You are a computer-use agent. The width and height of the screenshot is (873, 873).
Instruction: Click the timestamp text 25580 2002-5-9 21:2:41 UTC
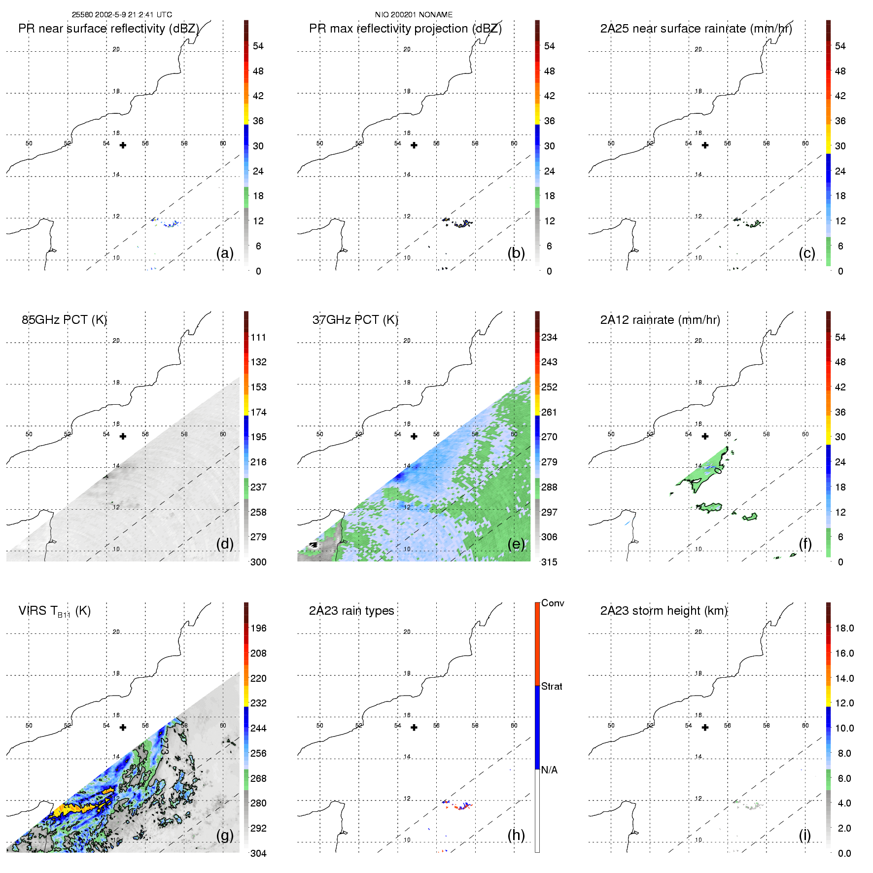coord(122,15)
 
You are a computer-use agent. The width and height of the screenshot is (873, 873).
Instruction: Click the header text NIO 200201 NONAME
coord(414,15)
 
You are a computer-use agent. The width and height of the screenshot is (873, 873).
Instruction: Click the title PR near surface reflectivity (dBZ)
coord(108,29)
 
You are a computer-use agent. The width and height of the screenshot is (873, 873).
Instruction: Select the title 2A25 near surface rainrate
coord(696,29)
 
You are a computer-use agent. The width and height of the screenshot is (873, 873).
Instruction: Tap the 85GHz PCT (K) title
coord(64,320)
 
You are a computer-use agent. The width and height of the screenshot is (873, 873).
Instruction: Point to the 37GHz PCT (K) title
coord(355,320)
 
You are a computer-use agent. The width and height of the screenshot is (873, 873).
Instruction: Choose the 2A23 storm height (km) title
coord(663,611)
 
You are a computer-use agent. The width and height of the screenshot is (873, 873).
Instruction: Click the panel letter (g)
coord(225,835)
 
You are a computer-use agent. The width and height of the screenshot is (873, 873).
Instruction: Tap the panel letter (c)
coord(807,253)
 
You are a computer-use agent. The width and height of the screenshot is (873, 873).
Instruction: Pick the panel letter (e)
coord(516,544)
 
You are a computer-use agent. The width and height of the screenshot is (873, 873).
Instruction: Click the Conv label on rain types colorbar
coord(553,603)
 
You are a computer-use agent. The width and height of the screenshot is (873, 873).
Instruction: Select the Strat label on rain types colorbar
coord(552,687)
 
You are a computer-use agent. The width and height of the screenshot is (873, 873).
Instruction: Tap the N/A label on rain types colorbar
coord(549,770)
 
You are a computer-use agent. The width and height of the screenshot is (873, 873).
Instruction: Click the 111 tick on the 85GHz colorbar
coord(258,338)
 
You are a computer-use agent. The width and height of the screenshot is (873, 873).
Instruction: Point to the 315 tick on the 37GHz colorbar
coord(549,562)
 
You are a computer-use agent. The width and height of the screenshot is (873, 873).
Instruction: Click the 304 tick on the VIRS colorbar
coord(258,853)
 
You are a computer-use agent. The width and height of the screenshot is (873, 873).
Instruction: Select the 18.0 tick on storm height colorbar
coord(844,629)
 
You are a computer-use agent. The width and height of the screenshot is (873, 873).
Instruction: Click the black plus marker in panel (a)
coord(123,145)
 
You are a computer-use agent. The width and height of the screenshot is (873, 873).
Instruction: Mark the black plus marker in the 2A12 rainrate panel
coord(705,436)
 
